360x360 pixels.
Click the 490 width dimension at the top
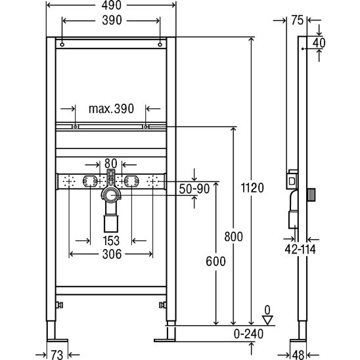click(x=112, y=5)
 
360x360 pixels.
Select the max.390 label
click(x=111, y=108)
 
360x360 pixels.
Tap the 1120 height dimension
click(x=252, y=188)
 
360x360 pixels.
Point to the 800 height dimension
click(x=233, y=236)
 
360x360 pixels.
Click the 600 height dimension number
click(x=215, y=261)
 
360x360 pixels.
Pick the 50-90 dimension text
click(x=194, y=189)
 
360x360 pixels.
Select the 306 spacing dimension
click(x=112, y=254)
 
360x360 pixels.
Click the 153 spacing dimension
click(x=111, y=241)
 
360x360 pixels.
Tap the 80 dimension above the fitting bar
click(x=110, y=164)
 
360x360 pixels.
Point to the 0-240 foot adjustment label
click(x=248, y=334)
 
